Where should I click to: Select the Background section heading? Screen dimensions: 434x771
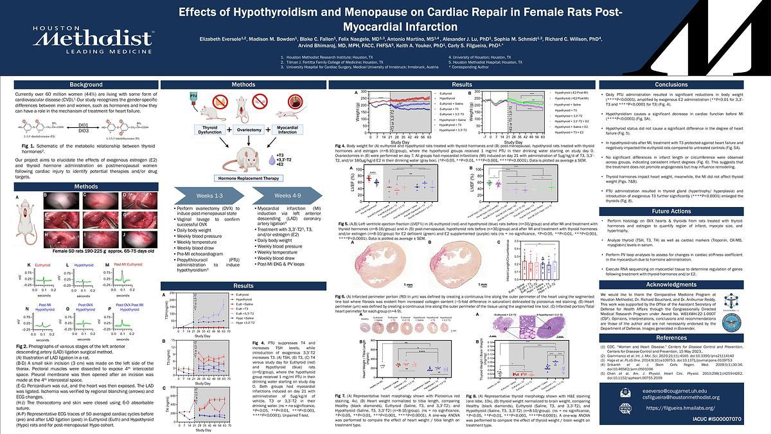[x=86, y=85]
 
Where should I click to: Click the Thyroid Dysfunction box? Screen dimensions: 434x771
[x=195, y=131]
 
